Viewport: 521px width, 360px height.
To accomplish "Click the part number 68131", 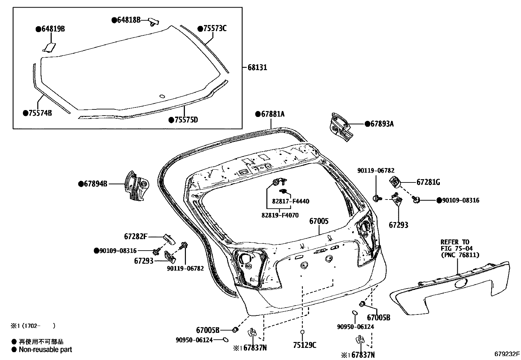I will pyautogui.click(x=257, y=67).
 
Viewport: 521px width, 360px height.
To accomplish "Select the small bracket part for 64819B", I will pyautogui.click(x=49, y=47).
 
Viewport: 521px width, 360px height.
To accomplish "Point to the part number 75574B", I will pyautogui.click(x=40, y=113).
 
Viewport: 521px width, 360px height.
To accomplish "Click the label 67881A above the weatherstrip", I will pyautogui.click(x=272, y=114).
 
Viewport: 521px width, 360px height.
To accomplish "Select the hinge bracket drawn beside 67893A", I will pyautogui.click(x=341, y=127).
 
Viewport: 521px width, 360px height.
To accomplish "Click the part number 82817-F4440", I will pyautogui.click(x=290, y=201).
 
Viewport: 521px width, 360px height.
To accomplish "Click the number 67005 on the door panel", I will pyautogui.click(x=319, y=221).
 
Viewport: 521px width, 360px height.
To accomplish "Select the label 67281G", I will pyautogui.click(x=428, y=182).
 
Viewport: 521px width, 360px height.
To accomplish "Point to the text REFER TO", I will pyautogui.click(x=455, y=242).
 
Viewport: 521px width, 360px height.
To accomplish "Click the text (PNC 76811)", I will pyautogui.click(x=460, y=255).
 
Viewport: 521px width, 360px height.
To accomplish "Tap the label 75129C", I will pyautogui.click(x=305, y=345).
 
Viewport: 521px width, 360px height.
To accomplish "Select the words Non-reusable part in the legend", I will pyautogui.click(x=45, y=350).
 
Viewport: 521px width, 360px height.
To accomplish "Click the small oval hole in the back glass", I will pyautogui.click(x=162, y=96).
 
